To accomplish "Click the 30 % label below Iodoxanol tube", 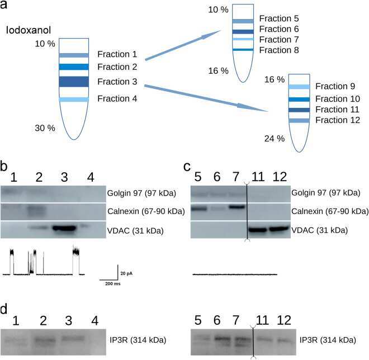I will pos(45,128).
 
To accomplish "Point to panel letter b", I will pos(4,167).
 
